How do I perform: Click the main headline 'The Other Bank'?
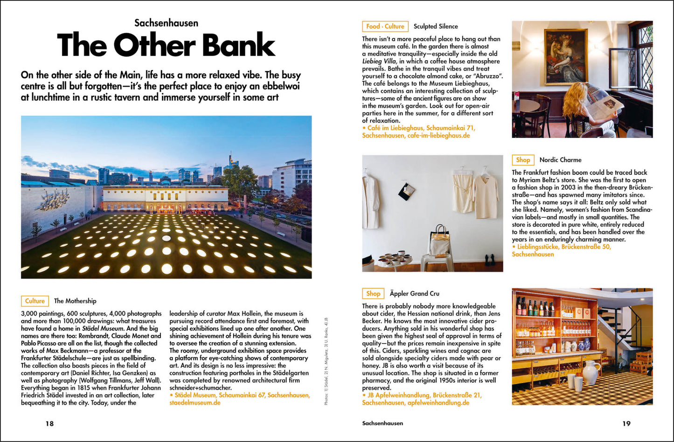click(x=166, y=46)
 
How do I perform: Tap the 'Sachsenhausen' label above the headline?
click(x=166, y=23)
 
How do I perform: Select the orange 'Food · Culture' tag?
click(x=385, y=27)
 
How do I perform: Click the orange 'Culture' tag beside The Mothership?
click(x=35, y=301)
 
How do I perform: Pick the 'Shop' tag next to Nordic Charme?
click(x=523, y=160)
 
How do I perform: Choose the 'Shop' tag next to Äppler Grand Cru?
click(x=373, y=294)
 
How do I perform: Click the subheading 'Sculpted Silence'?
click(x=436, y=27)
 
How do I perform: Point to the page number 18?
click(x=49, y=423)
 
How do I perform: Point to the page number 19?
click(x=626, y=423)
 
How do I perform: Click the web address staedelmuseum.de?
click(x=195, y=403)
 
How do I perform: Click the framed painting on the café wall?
click(x=565, y=56)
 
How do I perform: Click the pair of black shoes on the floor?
click(x=489, y=260)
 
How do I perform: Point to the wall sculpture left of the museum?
click(x=55, y=200)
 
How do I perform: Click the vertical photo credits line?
click(x=327, y=361)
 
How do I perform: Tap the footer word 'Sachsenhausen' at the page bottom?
click(x=382, y=423)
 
